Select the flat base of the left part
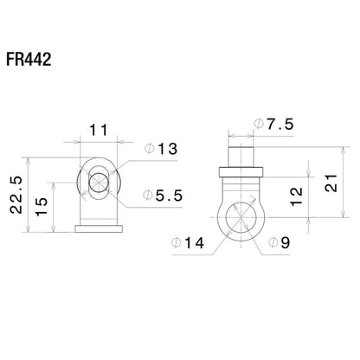coord(97,228)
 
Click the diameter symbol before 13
coord(147,151)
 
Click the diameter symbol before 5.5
coord(147,196)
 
